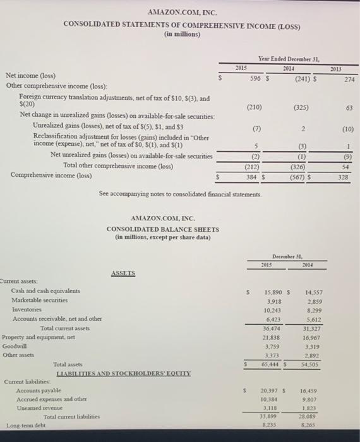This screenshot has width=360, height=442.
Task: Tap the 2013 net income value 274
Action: tap(349, 80)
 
